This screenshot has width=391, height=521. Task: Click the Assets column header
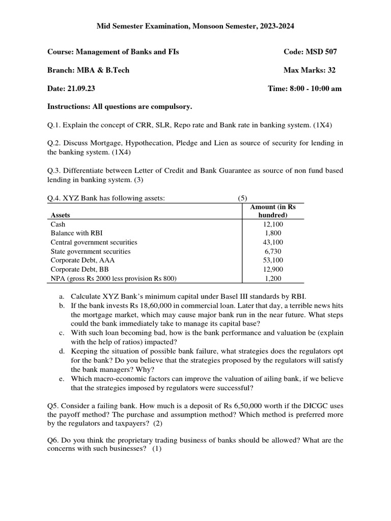click(x=61, y=215)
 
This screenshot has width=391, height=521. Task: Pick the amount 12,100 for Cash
click(x=273, y=224)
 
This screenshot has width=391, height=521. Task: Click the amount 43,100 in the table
click(x=273, y=242)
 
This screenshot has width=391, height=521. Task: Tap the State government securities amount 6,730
click(x=273, y=251)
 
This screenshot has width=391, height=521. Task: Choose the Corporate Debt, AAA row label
click(x=83, y=260)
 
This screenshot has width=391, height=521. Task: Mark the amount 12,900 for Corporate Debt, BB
click(x=273, y=269)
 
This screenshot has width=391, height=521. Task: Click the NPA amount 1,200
click(x=273, y=278)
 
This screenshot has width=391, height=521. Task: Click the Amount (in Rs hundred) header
click(x=273, y=211)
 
